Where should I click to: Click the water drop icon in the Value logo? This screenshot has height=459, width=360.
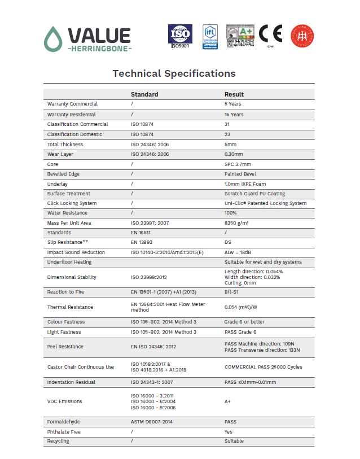[x=54, y=39]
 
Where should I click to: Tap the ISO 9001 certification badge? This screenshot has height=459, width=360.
[x=180, y=36]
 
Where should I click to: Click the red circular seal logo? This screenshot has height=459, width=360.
[x=302, y=36]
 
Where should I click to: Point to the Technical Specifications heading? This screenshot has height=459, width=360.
[x=174, y=73]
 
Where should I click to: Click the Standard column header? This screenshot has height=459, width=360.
[x=144, y=94]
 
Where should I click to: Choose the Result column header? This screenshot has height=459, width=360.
[x=234, y=94]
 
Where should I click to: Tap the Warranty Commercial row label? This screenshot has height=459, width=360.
[x=72, y=104]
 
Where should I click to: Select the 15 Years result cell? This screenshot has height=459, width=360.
[x=234, y=115]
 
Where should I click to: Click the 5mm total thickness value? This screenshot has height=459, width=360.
[x=230, y=145]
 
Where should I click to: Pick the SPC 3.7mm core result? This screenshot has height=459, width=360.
[x=237, y=164]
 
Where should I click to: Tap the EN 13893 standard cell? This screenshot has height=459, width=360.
[x=142, y=242]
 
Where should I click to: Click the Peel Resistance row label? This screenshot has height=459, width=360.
[x=65, y=347]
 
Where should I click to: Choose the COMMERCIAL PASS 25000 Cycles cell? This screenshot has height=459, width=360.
[x=263, y=367]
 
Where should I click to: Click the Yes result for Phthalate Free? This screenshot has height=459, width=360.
[x=229, y=431]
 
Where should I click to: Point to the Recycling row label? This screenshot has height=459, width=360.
[x=58, y=441]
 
